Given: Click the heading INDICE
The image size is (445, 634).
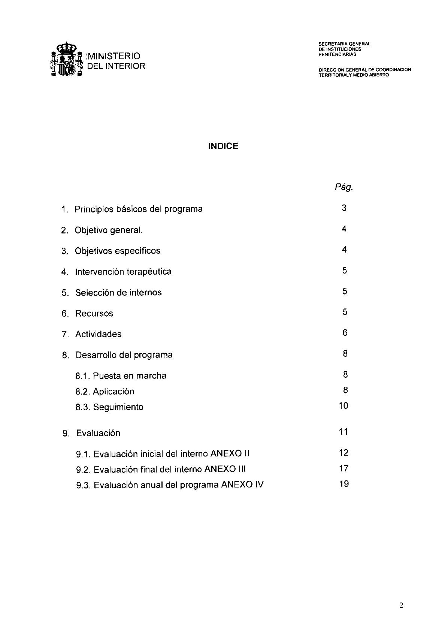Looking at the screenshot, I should pyautogui.click(x=223, y=146).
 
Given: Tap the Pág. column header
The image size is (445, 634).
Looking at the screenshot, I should pyautogui.click(x=344, y=187).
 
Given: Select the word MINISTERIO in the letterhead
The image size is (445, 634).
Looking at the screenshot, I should pyautogui.click(x=113, y=56).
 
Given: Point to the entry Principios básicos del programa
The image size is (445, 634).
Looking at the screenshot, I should pyautogui.click(x=138, y=209).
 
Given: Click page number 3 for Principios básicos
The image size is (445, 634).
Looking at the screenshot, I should pyautogui.click(x=344, y=208).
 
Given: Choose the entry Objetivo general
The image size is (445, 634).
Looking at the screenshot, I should pyautogui.click(x=109, y=230).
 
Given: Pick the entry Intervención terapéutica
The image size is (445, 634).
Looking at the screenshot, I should pyautogui.click(x=123, y=272).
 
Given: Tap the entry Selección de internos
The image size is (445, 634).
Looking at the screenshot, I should pyautogui.click(x=118, y=293).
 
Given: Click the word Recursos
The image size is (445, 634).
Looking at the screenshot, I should pyautogui.click(x=94, y=314).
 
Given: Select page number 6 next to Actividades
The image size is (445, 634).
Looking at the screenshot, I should pyautogui.click(x=345, y=333).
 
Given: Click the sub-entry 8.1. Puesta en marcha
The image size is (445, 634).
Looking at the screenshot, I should pyautogui.click(x=121, y=376).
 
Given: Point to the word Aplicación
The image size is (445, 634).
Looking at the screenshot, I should pyautogui.click(x=113, y=392).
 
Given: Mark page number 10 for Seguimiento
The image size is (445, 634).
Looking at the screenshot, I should pyautogui.click(x=343, y=406).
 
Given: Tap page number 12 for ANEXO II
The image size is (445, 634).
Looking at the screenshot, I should pyautogui.click(x=343, y=453).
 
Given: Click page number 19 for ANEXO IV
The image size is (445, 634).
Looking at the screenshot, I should pyautogui.click(x=343, y=484).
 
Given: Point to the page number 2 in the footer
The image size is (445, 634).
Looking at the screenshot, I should pyautogui.click(x=401, y=606).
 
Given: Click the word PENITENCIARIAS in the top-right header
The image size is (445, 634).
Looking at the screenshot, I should pyautogui.click(x=337, y=54).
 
